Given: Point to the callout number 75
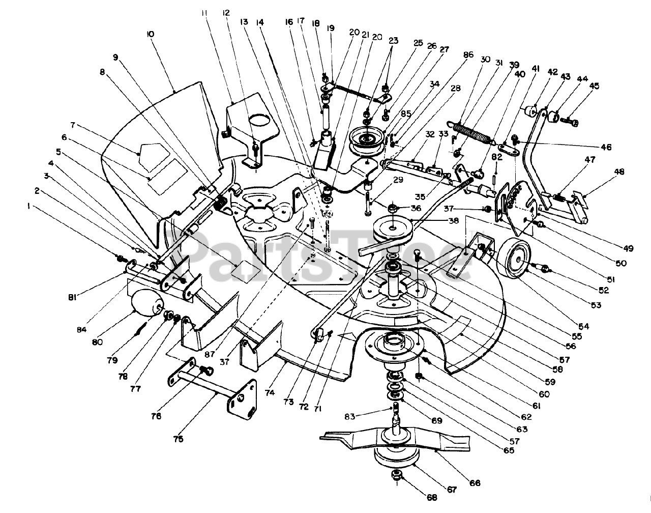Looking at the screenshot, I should (x=179, y=438).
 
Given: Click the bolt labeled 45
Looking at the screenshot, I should (x=574, y=122).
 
